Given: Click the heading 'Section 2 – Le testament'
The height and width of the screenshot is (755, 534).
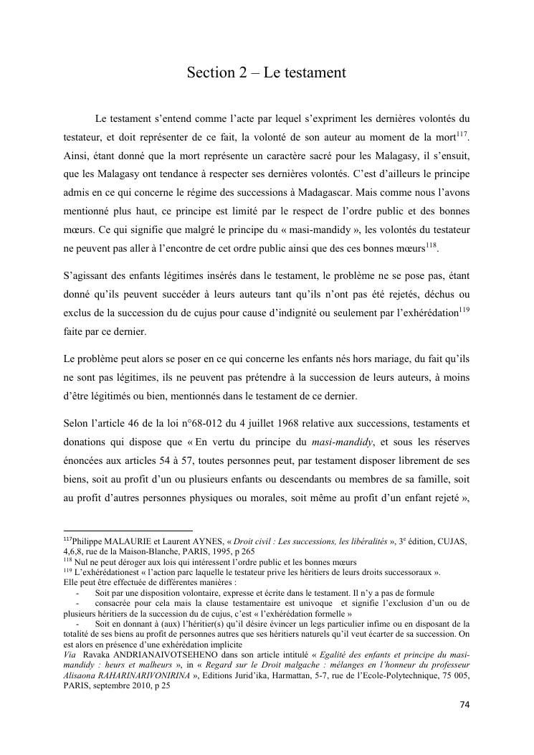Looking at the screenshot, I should [x=267, y=72].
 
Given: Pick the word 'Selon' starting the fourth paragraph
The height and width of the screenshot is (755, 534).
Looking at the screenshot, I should [x=75, y=424].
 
